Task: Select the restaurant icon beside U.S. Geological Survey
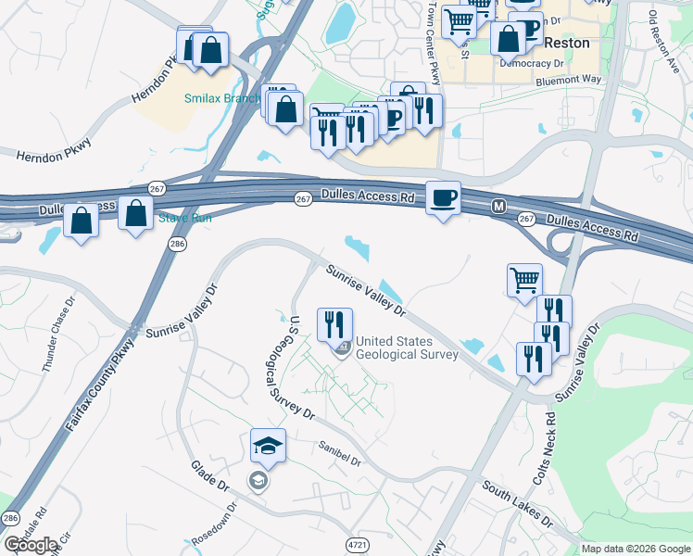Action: pyautogui.click(x=334, y=324)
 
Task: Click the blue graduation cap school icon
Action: pyautogui.click(x=268, y=447)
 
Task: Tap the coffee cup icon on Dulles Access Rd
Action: pyautogui.click(x=443, y=198)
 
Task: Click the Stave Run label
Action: pyautogui.click(x=184, y=218)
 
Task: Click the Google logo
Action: pyautogui.click(x=31, y=545)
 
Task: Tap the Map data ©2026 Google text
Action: pyautogui.click(x=636, y=549)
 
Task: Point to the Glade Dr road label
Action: pyautogui.click(x=209, y=474)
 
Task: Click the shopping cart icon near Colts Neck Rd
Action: pyautogui.click(x=524, y=280)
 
